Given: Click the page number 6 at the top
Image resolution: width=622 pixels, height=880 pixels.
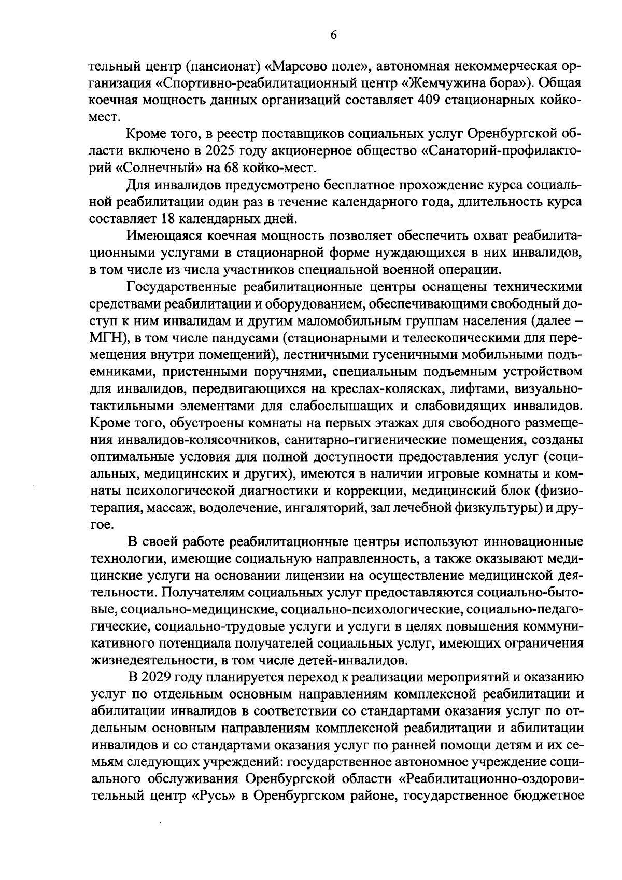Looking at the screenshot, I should pos(333,35).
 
